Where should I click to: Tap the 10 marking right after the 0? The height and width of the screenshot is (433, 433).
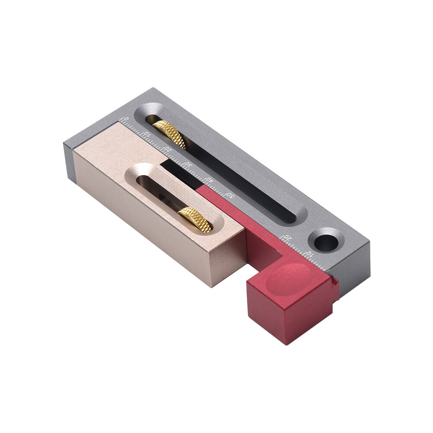coord(147,134)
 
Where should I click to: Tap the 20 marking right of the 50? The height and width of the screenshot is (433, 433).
coord(287,237)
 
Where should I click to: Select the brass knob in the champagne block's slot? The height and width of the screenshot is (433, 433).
coord(196,219)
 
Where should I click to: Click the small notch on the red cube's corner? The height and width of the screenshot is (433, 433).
coord(334,282)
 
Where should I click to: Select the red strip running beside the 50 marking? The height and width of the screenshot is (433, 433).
coord(234,212)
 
